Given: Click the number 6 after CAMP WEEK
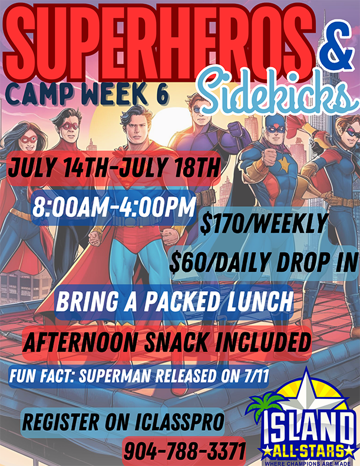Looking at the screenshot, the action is (162, 94).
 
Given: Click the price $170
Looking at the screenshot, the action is (219, 223).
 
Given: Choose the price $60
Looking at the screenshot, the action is (184, 262).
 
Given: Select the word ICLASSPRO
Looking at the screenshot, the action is (179, 422).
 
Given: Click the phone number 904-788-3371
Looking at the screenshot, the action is (184, 452).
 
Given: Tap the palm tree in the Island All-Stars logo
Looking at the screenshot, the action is (262, 404).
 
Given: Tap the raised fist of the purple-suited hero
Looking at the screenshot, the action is (237, 130).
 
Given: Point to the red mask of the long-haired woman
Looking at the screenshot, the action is (28, 139).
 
